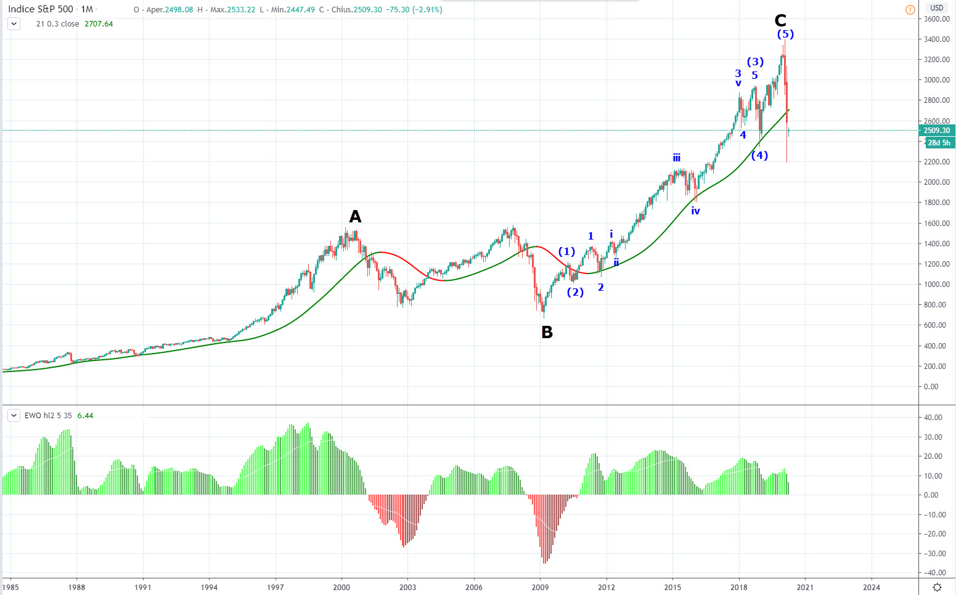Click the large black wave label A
pyautogui.click(x=355, y=217)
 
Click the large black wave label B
pyautogui.click(x=547, y=333)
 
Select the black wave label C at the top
pyautogui.click(x=780, y=21)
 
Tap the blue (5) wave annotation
pyautogui.click(x=785, y=34)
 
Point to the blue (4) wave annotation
pyautogui.click(x=759, y=155)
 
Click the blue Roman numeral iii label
pyautogui.click(x=677, y=158)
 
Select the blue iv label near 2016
pyautogui.click(x=695, y=211)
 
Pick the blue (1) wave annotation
pyautogui.click(x=566, y=251)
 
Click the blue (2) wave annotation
pyautogui.click(x=575, y=292)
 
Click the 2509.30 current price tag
pyautogui.click(x=937, y=131)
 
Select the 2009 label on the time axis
pyautogui.click(x=541, y=587)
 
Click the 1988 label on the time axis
pyautogui.click(x=77, y=587)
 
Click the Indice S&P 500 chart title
pyautogui.click(x=41, y=9)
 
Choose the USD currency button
pyautogui.click(x=936, y=8)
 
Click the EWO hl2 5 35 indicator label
pyautogui.click(x=48, y=416)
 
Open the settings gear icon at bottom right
pyautogui.click(x=937, y=587)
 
